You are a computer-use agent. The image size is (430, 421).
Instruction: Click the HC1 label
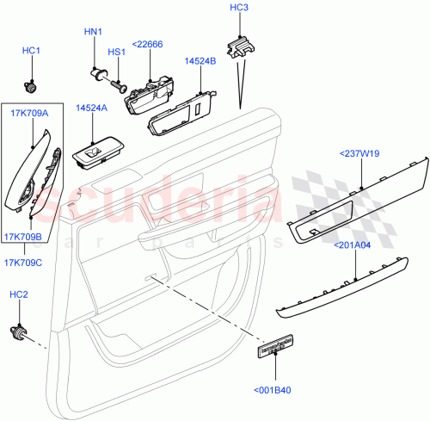click(32, 52)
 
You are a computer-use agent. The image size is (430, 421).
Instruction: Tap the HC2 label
click(18, 295)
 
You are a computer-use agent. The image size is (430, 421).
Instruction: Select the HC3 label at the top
click(239, 8)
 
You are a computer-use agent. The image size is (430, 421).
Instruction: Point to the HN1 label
click(93, 32)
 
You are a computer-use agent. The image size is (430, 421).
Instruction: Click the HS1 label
click(117, 52)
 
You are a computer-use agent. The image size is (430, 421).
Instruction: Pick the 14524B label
click(200, 62)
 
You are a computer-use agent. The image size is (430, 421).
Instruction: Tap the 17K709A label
click(30, 113)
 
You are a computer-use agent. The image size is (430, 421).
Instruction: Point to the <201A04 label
click(354, 245)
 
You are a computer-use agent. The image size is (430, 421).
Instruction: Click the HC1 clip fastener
click(32, 85)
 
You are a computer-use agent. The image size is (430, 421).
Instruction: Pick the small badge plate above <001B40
click(276, 349)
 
